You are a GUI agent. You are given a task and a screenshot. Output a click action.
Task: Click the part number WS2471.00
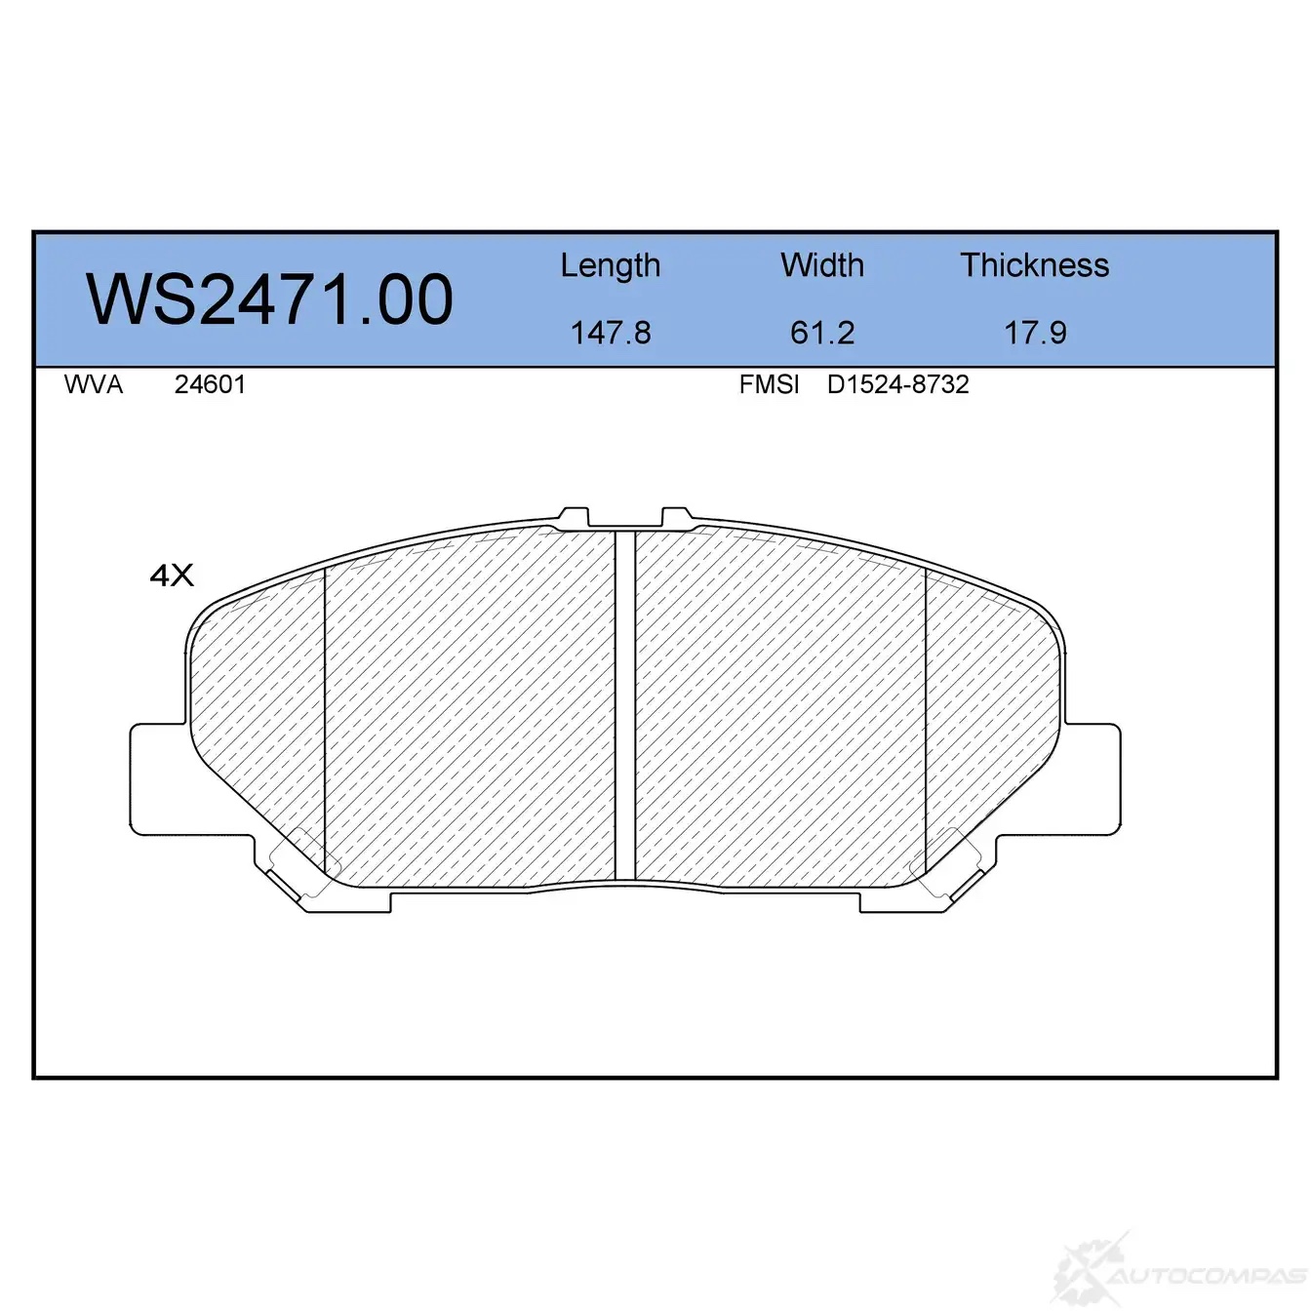[269, 299]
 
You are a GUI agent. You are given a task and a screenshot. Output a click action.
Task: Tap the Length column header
[611, 265]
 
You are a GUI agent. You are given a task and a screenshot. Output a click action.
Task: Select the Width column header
[822, 264]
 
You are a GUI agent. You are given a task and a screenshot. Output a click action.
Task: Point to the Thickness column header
[1034, 264]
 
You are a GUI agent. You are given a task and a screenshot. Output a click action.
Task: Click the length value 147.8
[611, 333]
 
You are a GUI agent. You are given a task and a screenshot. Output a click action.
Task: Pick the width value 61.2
[822, 333]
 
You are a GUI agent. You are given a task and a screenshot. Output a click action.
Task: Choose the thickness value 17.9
[1035, 333]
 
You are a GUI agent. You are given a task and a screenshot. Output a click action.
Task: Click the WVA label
[94, 384]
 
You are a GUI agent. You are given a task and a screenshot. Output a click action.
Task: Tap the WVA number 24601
[210, 384]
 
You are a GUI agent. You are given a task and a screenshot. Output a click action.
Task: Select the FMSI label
[769, 384]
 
